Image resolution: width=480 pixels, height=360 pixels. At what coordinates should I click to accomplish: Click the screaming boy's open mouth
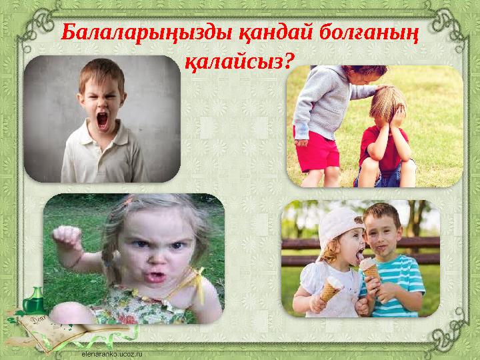(103, 121)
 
